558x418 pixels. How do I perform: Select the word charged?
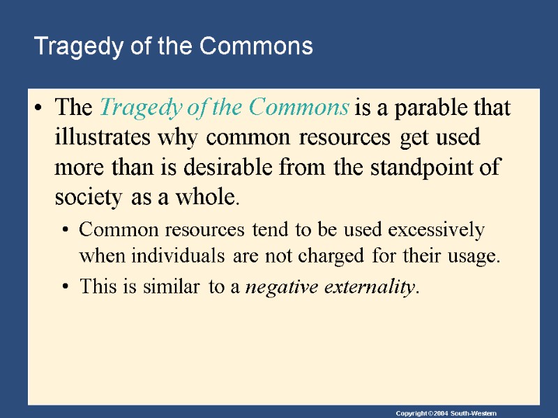point(331,256)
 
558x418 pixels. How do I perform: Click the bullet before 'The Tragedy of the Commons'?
point(40,109)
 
